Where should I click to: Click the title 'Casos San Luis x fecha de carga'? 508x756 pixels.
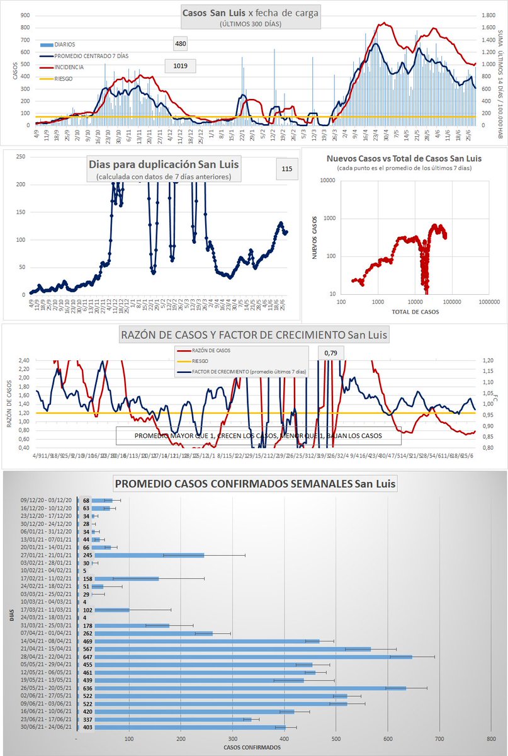pyautogui.click(x=251, y=13)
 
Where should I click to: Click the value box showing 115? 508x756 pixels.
pyautogui.click(x=287, y=169)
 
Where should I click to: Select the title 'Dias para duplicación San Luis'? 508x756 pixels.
pyautogui.click(x=164, y=166)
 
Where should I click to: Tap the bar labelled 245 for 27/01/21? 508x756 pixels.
pyautogui.click(x=149, y=555)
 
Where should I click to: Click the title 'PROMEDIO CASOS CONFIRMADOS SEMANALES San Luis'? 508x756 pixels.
pyautogui.click(x=255, y=484)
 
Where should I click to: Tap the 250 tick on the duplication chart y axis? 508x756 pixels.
pyautogui.click(x=21, y=156)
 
